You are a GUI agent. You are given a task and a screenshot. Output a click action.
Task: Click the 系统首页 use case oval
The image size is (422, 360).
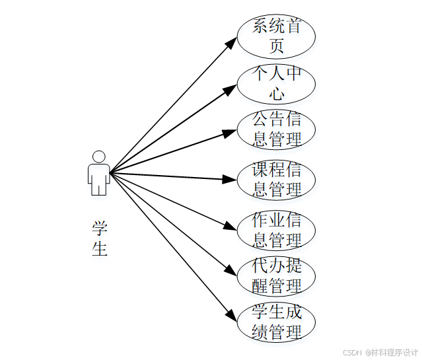pyautogui.click(x=276, y=36)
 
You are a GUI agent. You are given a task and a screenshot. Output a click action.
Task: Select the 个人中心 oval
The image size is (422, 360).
pyautogui.click(x=276, y=83)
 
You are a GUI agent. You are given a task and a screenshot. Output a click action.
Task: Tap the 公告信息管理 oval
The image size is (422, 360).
pyautogui.click(x=276, y=129)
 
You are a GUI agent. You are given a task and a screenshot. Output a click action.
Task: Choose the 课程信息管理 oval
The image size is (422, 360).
pyautogui.click(x=276, y=180)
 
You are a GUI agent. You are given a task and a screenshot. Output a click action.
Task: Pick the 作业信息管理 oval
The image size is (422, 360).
pyautogui.click(x=276, y=230)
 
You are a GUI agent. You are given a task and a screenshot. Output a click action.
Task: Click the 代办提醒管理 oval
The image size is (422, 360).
pyautogui.click(x=276, y=277)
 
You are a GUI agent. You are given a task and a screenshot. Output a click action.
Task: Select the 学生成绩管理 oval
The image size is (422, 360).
pyautogui.click(x=276, y=322)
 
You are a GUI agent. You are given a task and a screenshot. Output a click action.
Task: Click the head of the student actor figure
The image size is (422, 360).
pyautogui.click(x=99, y=157)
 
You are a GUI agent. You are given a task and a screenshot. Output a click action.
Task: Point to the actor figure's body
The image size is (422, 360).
pyautogui.click(x=99, y=177)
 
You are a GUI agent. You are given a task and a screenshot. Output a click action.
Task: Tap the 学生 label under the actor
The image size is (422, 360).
pyautogui.click(x=100, y=238)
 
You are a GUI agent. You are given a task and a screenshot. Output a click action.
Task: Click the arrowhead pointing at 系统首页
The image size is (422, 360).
pyautogui.click(x=231, y=42)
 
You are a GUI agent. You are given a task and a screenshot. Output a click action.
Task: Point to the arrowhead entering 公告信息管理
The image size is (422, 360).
pyautogui.click(x=230, y=133)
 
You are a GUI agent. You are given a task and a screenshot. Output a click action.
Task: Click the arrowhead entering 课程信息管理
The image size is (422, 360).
pyautogui.click(x=230, y=179)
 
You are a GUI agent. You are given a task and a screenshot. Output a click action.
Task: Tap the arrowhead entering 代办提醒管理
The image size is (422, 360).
pyautogui.click(x=230, y=271)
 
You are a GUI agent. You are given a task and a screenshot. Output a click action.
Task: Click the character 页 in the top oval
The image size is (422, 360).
pyautogui.click(x=277, y=46)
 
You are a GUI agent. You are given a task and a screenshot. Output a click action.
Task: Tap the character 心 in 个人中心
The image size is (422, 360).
pyautogui.click(x=277, y=93)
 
